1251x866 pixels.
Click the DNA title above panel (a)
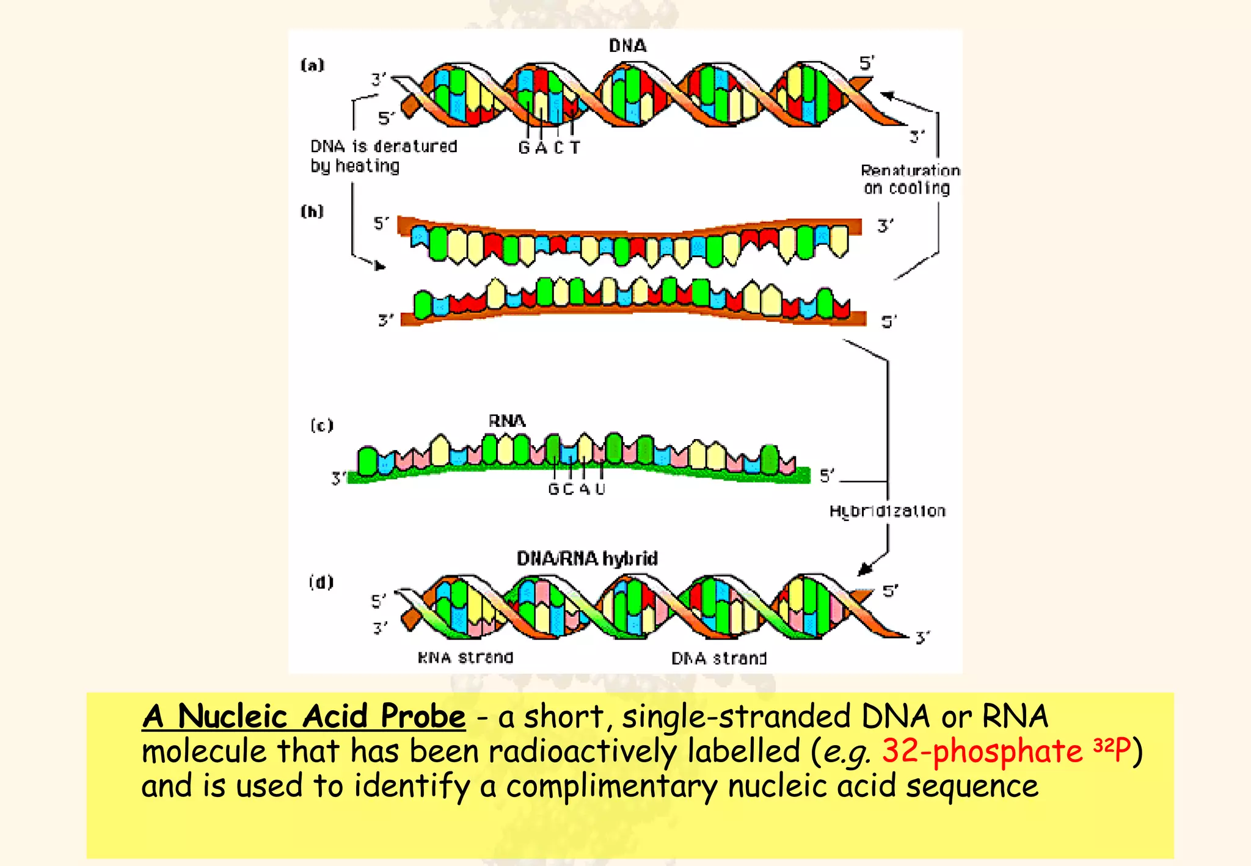627,46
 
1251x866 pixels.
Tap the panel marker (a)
312,65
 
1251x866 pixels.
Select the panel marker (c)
322,425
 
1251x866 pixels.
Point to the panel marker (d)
321,582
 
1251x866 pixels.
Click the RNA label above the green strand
506,421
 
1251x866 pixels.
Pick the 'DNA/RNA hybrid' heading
587,558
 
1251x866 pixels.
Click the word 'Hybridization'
887,511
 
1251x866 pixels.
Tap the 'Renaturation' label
910,170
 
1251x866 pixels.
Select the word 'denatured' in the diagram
415,147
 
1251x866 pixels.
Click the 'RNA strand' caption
465,658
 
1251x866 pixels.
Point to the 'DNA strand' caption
719,658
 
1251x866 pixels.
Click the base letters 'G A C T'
549,148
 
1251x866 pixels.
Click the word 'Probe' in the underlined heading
423,716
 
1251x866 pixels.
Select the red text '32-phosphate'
982,751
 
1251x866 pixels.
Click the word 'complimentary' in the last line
611,786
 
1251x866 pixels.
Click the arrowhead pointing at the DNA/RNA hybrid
865,570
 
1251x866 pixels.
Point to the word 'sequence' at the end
972,786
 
